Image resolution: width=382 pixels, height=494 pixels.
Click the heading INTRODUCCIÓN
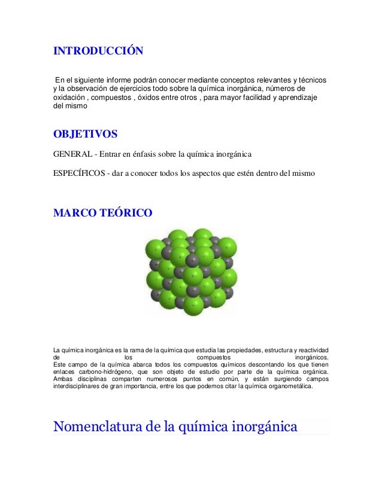coord(98,50)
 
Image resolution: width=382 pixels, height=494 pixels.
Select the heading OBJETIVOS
coord(85,133)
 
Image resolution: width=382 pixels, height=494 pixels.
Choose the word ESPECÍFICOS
coord(75,174)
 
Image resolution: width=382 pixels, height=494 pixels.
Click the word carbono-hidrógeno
coord(99,371)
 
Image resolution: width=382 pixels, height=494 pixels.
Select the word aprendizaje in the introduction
coord(298,98)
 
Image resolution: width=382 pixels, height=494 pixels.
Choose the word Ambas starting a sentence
coord(63,379)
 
